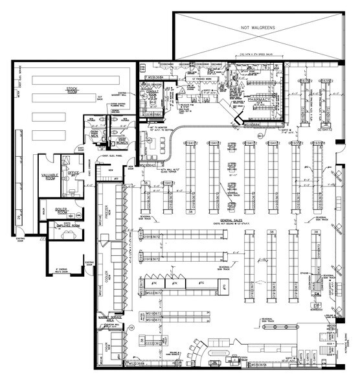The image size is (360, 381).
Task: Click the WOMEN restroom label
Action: click(122, 143)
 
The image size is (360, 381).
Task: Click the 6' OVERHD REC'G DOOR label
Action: click(63, 269)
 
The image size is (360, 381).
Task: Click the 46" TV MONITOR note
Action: click(164, 126)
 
